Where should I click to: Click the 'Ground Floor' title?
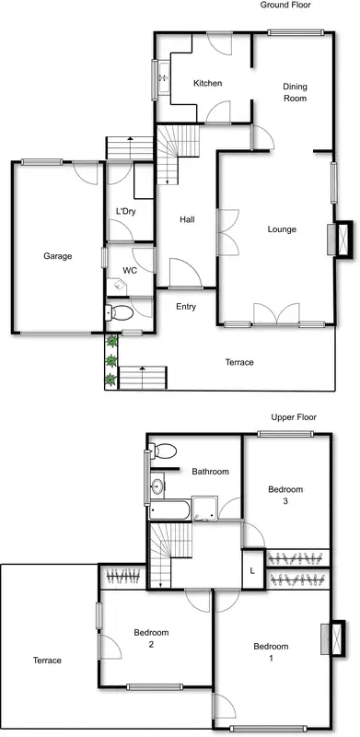[x=285, y=6]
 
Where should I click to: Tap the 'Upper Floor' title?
[x=294, y=417]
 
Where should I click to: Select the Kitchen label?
[x=207, y=84]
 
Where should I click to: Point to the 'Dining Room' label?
[x=295, y=92]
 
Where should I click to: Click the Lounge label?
[x=282, y=229]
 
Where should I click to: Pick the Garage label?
[x=57, y=256]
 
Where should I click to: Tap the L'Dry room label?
[x=125, y=213]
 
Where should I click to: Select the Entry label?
[x=186, y=307]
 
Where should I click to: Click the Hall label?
[x=187, y=219]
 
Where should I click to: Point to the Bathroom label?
[x=210, y=472]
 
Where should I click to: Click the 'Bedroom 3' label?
[x=285, y=496]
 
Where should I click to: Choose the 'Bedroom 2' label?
[x=151, y=638]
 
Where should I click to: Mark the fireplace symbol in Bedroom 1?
[x=336, y=638]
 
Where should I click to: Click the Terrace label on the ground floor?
[x=239, y=362]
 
